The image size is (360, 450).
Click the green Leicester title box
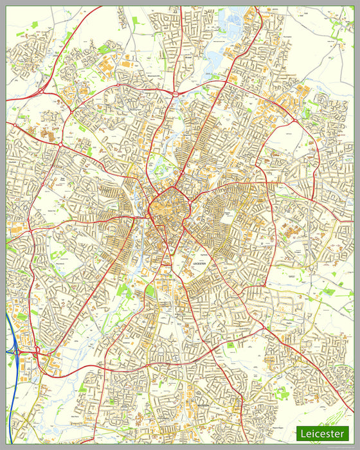tap(322, 434)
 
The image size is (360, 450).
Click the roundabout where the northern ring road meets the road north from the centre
tap(175, 94)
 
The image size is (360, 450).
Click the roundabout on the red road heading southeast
tap(262, 328)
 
